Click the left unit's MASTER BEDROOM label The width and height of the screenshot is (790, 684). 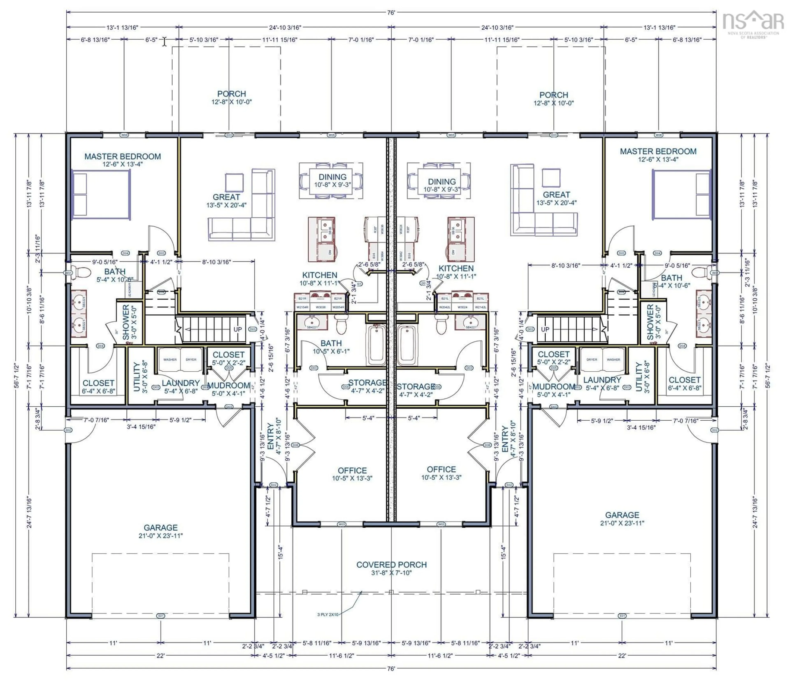pos(123,157)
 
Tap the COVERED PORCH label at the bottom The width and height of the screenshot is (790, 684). pos(391,565)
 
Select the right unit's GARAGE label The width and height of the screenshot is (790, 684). pos(622,515)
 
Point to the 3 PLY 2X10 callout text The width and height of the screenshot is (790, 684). pos(328,614)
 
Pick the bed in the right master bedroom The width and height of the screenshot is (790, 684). pos(682,195)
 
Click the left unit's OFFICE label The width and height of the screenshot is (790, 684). pos(352,471)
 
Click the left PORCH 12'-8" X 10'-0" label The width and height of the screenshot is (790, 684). pos(231,98)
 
